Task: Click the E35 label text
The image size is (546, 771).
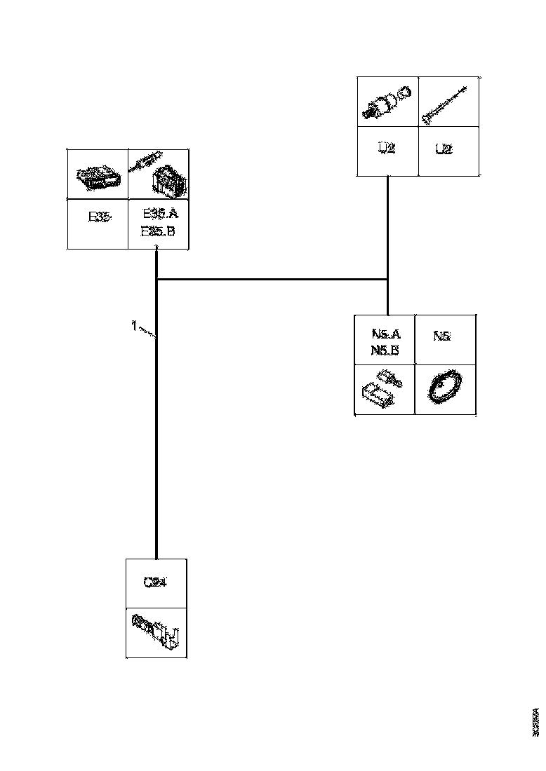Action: coord(98,217)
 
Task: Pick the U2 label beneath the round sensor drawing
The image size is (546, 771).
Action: coord(387,149)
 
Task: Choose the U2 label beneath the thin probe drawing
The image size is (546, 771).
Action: coord(443,149)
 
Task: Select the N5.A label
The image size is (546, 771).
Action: coord(385,334)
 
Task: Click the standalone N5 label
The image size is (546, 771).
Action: coord(441,336)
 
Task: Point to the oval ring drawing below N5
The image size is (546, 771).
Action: coord(444,388)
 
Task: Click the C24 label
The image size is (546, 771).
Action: coord(155,582)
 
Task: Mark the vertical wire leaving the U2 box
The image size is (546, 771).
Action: coord(388,224)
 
